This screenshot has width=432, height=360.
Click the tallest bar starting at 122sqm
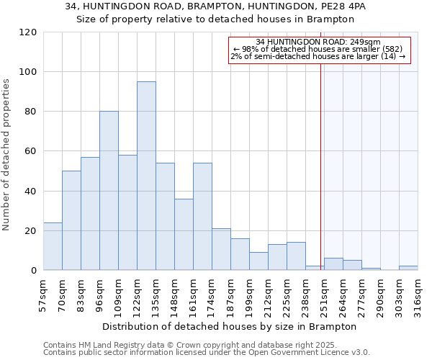click(x=146, y=176)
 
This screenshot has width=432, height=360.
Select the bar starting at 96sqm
click(x=109, y=191)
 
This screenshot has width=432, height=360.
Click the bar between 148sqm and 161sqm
click(x=184, y=234)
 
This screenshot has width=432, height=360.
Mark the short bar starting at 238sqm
click(x=315, y=268)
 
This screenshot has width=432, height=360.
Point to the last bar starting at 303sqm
click(x=408, y=268)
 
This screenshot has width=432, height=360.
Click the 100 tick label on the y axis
click(x=28, y=72)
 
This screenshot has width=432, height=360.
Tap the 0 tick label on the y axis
click(x=33, y=270)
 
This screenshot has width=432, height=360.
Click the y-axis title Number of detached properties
click(x=7, y=155)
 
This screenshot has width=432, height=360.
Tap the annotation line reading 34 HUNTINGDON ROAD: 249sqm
click(x=318, y=42)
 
